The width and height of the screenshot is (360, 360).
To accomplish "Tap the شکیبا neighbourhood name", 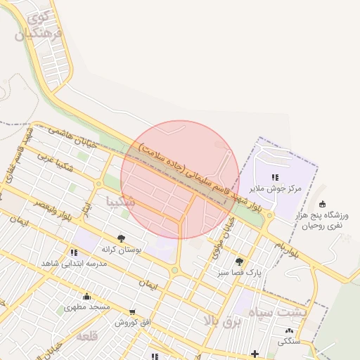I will coord(120,202).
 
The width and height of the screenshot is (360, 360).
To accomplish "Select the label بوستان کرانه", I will coord(122,249).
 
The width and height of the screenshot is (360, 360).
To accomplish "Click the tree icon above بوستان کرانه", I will coord(122,238).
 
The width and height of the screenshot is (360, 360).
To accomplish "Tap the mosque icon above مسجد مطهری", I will coord(86,296).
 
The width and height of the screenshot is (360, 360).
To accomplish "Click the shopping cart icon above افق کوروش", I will coord(132,312).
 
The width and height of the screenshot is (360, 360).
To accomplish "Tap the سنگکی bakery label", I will coord(290,342).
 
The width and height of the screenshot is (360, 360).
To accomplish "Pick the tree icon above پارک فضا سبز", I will coord(240,261).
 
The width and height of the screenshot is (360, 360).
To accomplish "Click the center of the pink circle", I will coord(180,179).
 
